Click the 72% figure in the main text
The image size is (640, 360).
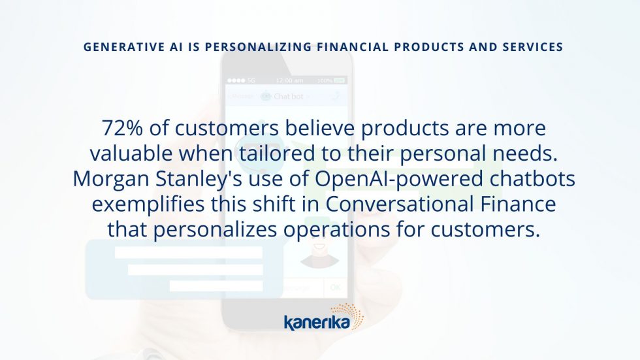pos(122,128)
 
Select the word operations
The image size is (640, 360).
pos(337,230)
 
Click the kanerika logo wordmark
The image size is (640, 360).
pos(317,322)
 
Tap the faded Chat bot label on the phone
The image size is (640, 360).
pos(288,97)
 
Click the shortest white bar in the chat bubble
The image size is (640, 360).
pos(216,286)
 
